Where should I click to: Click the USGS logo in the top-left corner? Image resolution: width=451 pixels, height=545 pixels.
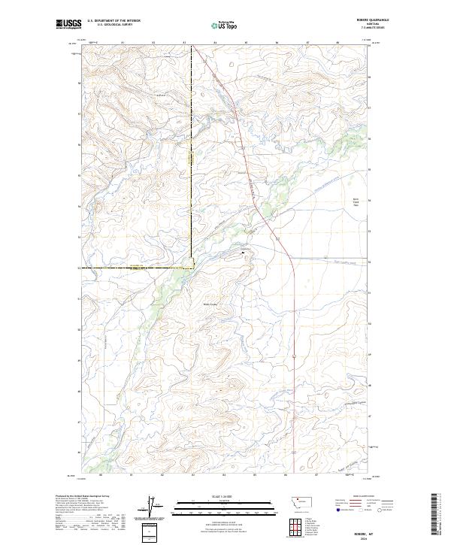[68, 25]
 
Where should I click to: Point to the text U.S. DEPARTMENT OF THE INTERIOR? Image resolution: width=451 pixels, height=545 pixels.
[114, 21]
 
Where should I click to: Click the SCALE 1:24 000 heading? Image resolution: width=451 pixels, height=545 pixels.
[223, 495]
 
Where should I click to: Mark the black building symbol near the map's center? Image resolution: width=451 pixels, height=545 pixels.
[242, 253]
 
